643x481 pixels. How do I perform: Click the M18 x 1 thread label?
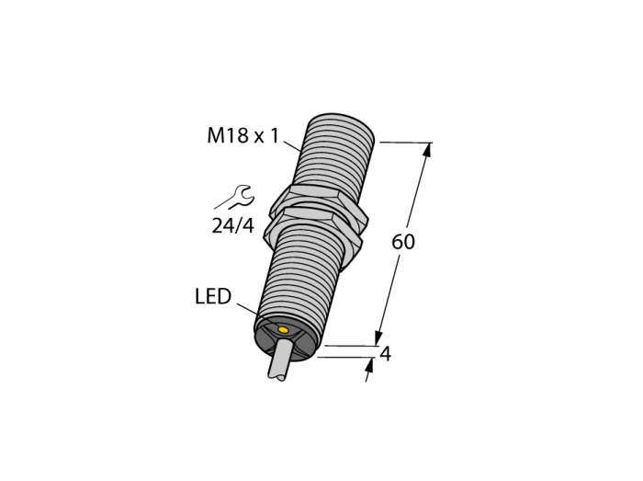[243, 135]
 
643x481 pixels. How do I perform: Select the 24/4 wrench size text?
[233, 225]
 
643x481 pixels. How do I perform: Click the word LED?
[213, 296]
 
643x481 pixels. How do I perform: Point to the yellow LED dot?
[283, 329]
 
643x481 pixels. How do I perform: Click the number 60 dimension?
[403, 242]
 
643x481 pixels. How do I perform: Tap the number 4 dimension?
[386, 354]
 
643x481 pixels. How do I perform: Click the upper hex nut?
[318, 200]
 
